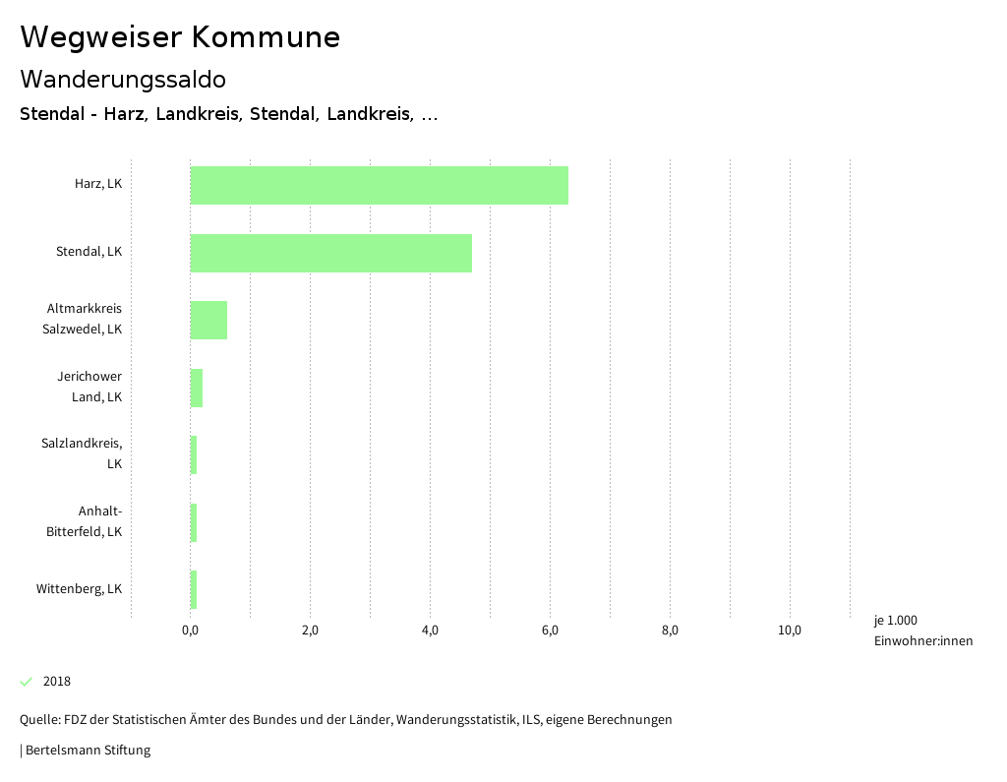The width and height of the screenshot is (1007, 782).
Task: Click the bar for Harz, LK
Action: (x=379, y=185)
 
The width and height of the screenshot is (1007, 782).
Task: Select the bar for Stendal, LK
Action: (x=330, y=253)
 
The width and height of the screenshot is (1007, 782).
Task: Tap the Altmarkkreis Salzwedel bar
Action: (x=208, y=320)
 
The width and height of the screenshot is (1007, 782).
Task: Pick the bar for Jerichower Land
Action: (x=197, y=388)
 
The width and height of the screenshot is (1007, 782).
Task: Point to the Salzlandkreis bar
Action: (x=194, y=454)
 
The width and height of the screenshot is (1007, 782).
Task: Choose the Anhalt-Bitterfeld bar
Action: (x=194, y=522)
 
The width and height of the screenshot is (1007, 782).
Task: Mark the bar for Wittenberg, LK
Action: (x=194, y=589)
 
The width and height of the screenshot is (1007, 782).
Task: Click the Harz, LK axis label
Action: (x=98, y=184)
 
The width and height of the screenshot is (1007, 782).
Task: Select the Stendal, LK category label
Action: (x=89, y=252)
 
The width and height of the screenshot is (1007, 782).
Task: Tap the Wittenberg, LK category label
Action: (x=79, y=589)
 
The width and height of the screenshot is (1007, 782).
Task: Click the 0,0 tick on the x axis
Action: (x=190, y=631)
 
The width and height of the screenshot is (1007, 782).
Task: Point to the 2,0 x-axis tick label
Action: (x=310, y=631)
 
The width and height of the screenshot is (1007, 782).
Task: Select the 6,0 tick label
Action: (x=550, y=631)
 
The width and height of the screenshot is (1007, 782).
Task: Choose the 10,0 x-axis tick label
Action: (x=790, y=631)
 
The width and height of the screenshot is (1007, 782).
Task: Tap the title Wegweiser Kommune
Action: (x=180, y=37)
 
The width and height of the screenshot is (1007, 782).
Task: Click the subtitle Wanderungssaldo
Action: (x=123, y=79)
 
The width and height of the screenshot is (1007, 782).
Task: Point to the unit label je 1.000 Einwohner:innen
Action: (x=922, y=631)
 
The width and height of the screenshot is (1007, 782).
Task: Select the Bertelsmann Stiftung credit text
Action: (x=88, y=751)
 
